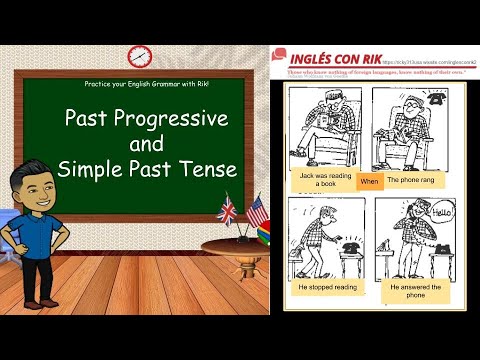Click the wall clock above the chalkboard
tap(139, 56)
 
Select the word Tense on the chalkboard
tap(211, 169)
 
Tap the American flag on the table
tap(256, 211)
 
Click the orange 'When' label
tap(370, 181)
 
